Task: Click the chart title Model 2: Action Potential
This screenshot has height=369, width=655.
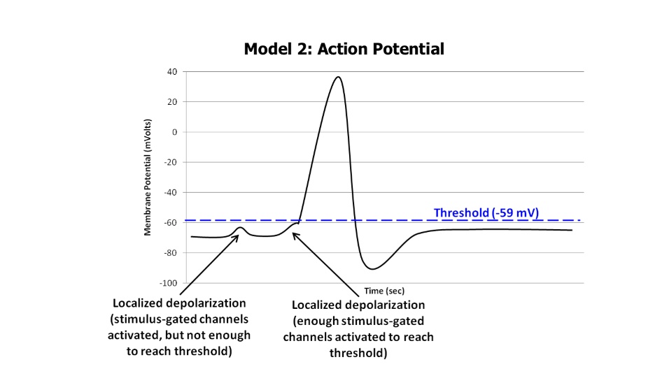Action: point(344,50)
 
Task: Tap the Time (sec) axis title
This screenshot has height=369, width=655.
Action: point(384,290)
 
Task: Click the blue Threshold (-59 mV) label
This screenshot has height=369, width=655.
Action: point(486,212)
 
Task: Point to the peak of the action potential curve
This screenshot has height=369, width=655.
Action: point(338,77)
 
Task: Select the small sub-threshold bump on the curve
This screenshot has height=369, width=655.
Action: point(240,228)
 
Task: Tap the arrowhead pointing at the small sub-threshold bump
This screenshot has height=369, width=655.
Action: point(238,236)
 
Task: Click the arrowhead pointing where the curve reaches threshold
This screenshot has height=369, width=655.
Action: point(295,235)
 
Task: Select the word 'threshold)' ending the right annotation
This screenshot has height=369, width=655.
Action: point(358,353)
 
